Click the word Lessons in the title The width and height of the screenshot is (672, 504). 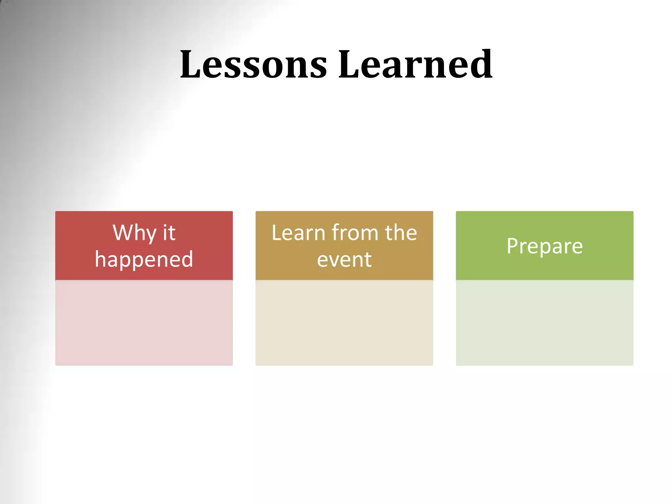[x=253, y=64]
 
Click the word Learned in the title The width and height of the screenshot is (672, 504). [x=415, y=64]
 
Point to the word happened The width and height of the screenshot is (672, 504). [x=144, y=259]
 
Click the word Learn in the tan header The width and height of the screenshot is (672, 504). [x=298, y=233]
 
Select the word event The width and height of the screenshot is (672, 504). [x=344, y=260]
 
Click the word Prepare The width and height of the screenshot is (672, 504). [x=544, y=246]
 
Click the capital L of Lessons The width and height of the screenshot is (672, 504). [x=191, y=64]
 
